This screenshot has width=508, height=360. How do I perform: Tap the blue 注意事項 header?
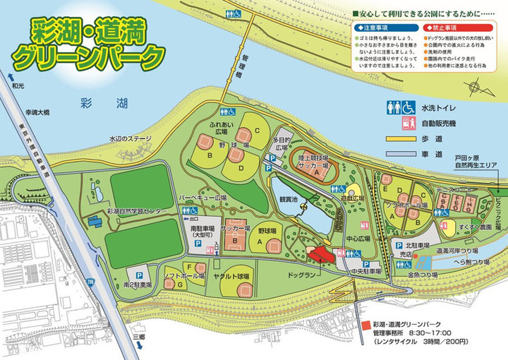coord(373,28)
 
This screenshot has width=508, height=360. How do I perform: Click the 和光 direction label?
coord(18,84)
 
